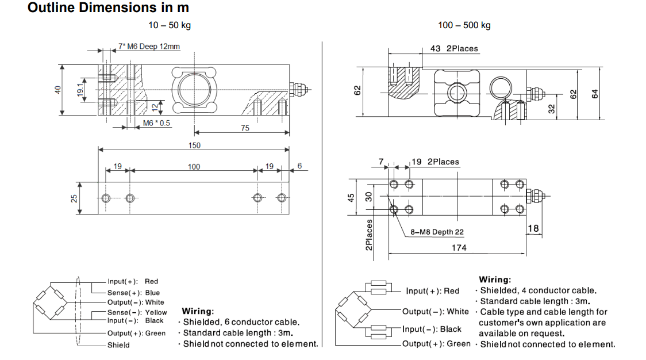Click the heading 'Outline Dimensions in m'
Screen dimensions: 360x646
(x=108, y=8)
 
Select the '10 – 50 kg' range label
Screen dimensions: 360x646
(x=170, y=25)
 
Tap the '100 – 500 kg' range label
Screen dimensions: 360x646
(x=464, y=25)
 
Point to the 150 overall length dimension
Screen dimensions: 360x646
(x=194, y=145)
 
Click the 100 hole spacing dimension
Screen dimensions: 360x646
(x=194, y=167)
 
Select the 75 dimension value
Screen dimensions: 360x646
(x=245, y=128)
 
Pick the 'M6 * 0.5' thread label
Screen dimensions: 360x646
(x=157, y=124)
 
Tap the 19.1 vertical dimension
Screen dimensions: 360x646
(x=81, y=90)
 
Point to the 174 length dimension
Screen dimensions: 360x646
(x=459, y=248)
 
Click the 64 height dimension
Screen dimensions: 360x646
(x=595, y=93)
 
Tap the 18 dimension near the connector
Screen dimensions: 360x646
(x=533, y=228)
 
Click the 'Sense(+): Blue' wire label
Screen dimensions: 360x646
(x=133, y=292)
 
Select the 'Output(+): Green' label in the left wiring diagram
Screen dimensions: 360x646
(x=136, y=334)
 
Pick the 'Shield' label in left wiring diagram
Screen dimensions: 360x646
(x=118, y=345)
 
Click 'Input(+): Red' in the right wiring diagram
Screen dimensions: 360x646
(x=433, y=291)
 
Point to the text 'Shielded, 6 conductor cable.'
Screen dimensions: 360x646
(x=241, y=323)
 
